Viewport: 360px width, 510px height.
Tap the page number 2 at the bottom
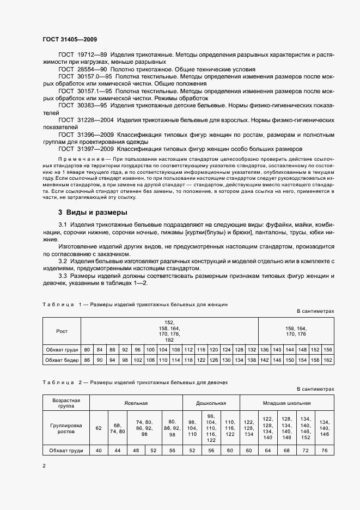pyautogui.click(x=44, y=465)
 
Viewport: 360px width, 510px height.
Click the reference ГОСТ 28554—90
pyautogui.click(x=83, y=70)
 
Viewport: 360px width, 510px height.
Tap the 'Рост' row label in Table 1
pyautogui.click(x=62, y=331)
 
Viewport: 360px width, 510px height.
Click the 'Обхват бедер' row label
pyautogui.click(x=62, y=360)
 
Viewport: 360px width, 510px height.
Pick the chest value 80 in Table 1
pyautogui.click(x=87, y=349)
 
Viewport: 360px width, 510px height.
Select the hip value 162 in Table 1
pyautogui.click(x=328, y=360)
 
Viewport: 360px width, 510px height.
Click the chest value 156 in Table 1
pyautogui.click(x=328, y=349)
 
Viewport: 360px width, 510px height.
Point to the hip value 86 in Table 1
pyautogui.click(x=87, y=360)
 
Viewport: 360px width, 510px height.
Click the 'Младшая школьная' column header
pyautogui.click(x=288, y=403)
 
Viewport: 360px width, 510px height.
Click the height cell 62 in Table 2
pyautogui.click(x=99, y=428)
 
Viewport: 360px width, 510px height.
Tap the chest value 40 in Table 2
pyautogui.click(x=99, y=451)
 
